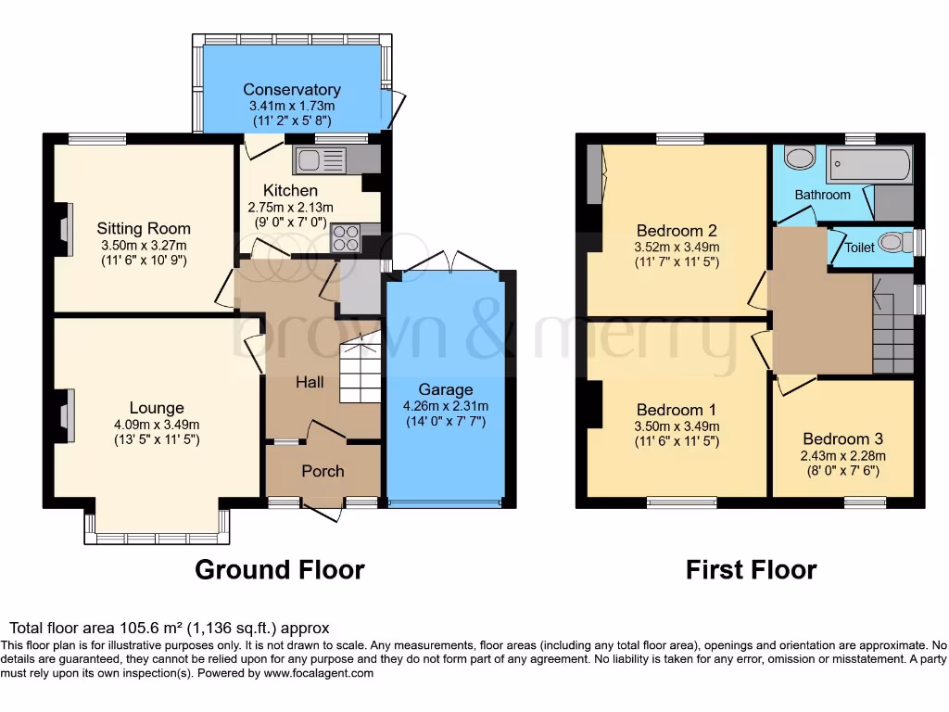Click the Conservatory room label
point(291,90)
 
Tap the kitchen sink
point(319,160)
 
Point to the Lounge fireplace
point(65,415)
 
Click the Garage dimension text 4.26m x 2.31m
point(445,406)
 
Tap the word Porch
point(323,471)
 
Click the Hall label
point(310,382)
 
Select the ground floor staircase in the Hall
point(361,369)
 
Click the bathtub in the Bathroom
point(868,166)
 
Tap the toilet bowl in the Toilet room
point(891,243)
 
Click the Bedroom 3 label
point(842,439)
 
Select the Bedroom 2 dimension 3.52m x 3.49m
point(676,248)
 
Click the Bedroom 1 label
point(676,410)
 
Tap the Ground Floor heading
point(279,569)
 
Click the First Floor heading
point(751,569)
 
